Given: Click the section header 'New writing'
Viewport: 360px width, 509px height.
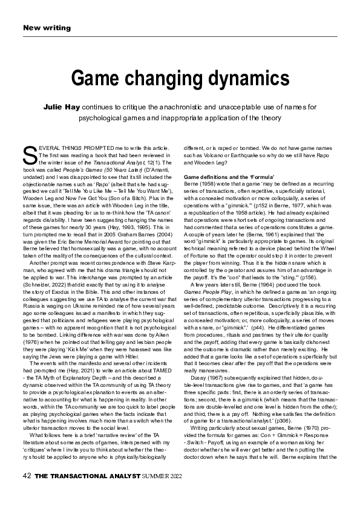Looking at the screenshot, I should [47, 28].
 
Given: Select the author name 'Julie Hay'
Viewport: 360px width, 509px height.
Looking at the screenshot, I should [61, 106].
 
